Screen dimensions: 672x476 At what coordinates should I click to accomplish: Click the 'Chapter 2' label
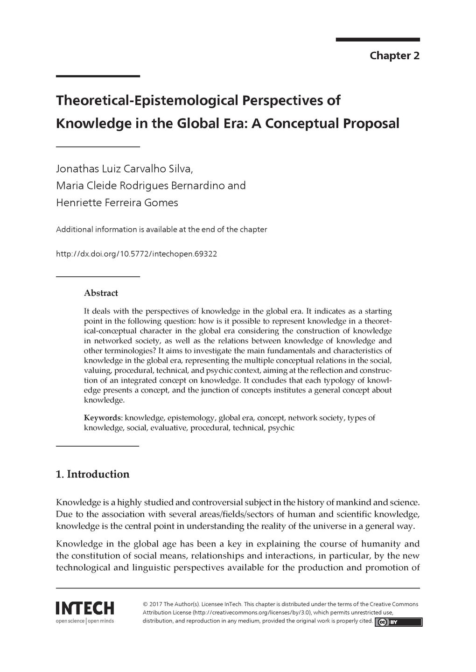[x=394, y=56]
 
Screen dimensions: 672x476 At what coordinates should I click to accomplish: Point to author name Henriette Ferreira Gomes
[x=117, y=203]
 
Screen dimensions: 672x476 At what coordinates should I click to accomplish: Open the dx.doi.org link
[x=136, y=254]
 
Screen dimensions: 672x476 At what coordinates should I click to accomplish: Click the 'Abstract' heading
[x=101, y=293]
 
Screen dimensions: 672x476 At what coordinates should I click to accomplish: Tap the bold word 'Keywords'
[x=103, y=418]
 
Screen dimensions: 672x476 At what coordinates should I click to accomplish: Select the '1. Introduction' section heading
[x=92, y=474]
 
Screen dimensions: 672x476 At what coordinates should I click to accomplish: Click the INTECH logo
[x=84, y=608]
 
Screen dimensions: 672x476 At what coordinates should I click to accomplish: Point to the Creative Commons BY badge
[x=398, y=622]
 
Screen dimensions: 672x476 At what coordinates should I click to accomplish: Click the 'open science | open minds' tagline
[x=84, y=621]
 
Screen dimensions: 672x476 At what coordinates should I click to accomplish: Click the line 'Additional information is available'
[x=161, y=230]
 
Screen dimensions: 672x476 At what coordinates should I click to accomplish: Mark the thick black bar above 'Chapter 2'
[x=378, y=40]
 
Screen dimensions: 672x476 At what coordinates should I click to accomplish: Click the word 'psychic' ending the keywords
[x=281, y=427]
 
